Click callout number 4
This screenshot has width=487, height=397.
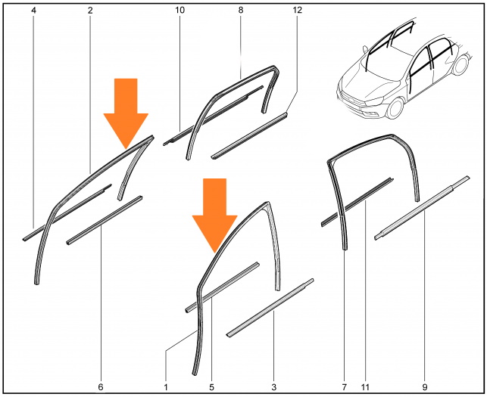[33, 11]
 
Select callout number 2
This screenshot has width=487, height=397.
[90, 11]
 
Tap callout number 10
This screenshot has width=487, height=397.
[180, 11]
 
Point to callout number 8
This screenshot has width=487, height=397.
[241, 11]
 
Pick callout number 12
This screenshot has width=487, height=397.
[297, 11]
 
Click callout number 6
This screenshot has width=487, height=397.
[100, 386]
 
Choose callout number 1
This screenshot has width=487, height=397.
[166, 386]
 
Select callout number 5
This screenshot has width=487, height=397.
[211, 386]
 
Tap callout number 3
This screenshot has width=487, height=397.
[273, 386]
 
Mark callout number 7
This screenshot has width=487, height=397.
[344, 386]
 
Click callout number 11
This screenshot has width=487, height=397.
[365, 386]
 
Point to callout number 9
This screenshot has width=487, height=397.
[425, 386]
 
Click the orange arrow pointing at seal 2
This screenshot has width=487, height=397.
[126, 113]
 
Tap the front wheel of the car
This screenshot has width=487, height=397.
[395, 108]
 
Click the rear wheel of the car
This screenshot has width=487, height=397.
[461, 64]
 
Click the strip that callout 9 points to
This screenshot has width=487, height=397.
[422, 208]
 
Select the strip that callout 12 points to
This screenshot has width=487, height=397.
[250, 136]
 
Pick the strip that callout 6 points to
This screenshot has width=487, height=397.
[105, 220]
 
